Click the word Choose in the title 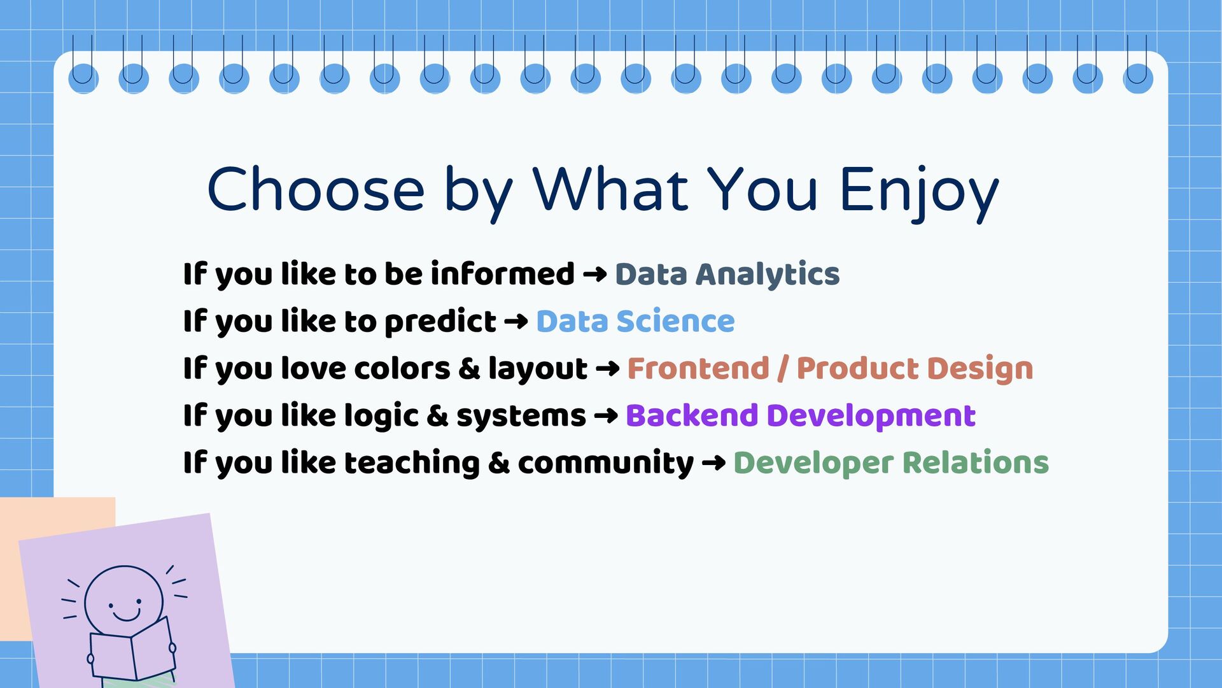316,189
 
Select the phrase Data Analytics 727,275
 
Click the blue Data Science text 635,321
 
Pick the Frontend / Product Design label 830,368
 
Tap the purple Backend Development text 801,415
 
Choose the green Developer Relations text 891,462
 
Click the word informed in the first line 503,274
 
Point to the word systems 521,417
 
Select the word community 606,464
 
